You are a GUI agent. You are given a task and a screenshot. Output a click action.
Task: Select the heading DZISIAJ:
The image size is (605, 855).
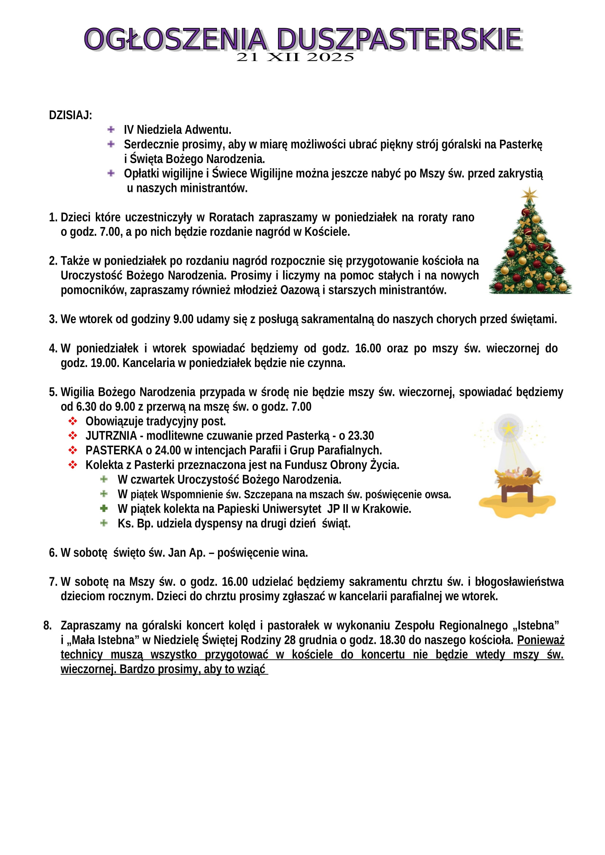[x=70, y=116]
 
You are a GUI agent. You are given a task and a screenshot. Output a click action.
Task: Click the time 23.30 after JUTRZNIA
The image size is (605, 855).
[x=361, y=436]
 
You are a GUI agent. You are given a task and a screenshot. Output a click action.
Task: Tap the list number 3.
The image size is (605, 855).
[x=53, y=319]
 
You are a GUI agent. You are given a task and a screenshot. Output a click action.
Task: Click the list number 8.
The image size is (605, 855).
[x=47, y=625]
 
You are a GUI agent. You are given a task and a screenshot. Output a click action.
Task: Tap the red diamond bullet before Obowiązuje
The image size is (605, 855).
[x=73, y=421]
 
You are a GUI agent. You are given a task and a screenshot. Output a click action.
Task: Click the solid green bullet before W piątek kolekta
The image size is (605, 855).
[x=104, y=508]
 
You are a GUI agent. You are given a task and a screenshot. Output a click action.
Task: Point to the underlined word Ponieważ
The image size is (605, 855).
[x=541, y=640]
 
